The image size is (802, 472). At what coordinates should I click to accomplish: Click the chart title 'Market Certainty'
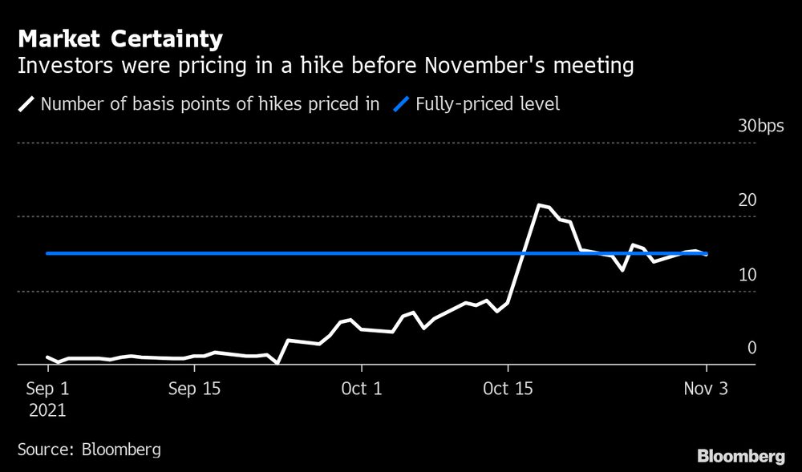coord(120,38)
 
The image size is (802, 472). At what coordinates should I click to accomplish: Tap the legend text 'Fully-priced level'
coord(488,104)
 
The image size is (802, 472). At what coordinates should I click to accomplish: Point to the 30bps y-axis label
coord(761,127)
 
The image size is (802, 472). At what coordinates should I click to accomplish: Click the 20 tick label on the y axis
coord(747,200)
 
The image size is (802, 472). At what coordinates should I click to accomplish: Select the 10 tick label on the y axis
coord(747,275)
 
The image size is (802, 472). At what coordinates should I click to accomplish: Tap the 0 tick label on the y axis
coord(752,348)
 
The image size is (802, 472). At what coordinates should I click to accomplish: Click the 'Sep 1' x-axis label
coord(47,389)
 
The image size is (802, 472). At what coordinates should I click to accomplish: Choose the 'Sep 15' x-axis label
coord(194,389)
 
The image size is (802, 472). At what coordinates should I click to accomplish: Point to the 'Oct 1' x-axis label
coord(362,389)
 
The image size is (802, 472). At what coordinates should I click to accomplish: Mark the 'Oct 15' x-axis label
coord(508,389)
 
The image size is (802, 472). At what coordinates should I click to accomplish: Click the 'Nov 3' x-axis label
coord(707,389)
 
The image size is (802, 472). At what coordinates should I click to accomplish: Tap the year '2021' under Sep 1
coord(47,410)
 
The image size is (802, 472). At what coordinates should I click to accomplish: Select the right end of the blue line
coord(707,253)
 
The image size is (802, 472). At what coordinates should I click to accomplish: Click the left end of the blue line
coord(47,253)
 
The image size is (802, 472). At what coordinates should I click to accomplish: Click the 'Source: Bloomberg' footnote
coord(89,449)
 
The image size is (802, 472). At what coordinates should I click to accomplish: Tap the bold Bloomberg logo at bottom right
coord(741,457)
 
